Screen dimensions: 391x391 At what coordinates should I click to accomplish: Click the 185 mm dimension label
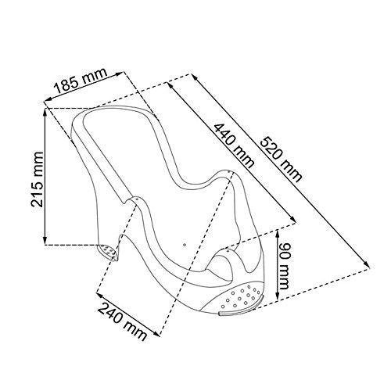[81, 81]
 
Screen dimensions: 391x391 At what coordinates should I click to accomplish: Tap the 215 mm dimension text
[37, 179]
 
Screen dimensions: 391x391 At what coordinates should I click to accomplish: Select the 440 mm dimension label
[234, 146]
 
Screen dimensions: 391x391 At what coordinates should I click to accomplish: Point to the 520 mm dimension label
[282, 160]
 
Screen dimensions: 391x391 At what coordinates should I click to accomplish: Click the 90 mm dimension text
[283, 266]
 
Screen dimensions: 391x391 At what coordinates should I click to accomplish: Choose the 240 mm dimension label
[122, 321]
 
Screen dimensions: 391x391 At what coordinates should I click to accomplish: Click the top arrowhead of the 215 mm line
[45, 112]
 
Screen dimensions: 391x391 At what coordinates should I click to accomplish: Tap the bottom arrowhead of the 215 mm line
[45, 240]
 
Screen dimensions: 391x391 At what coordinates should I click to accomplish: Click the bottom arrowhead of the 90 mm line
[278, 296]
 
